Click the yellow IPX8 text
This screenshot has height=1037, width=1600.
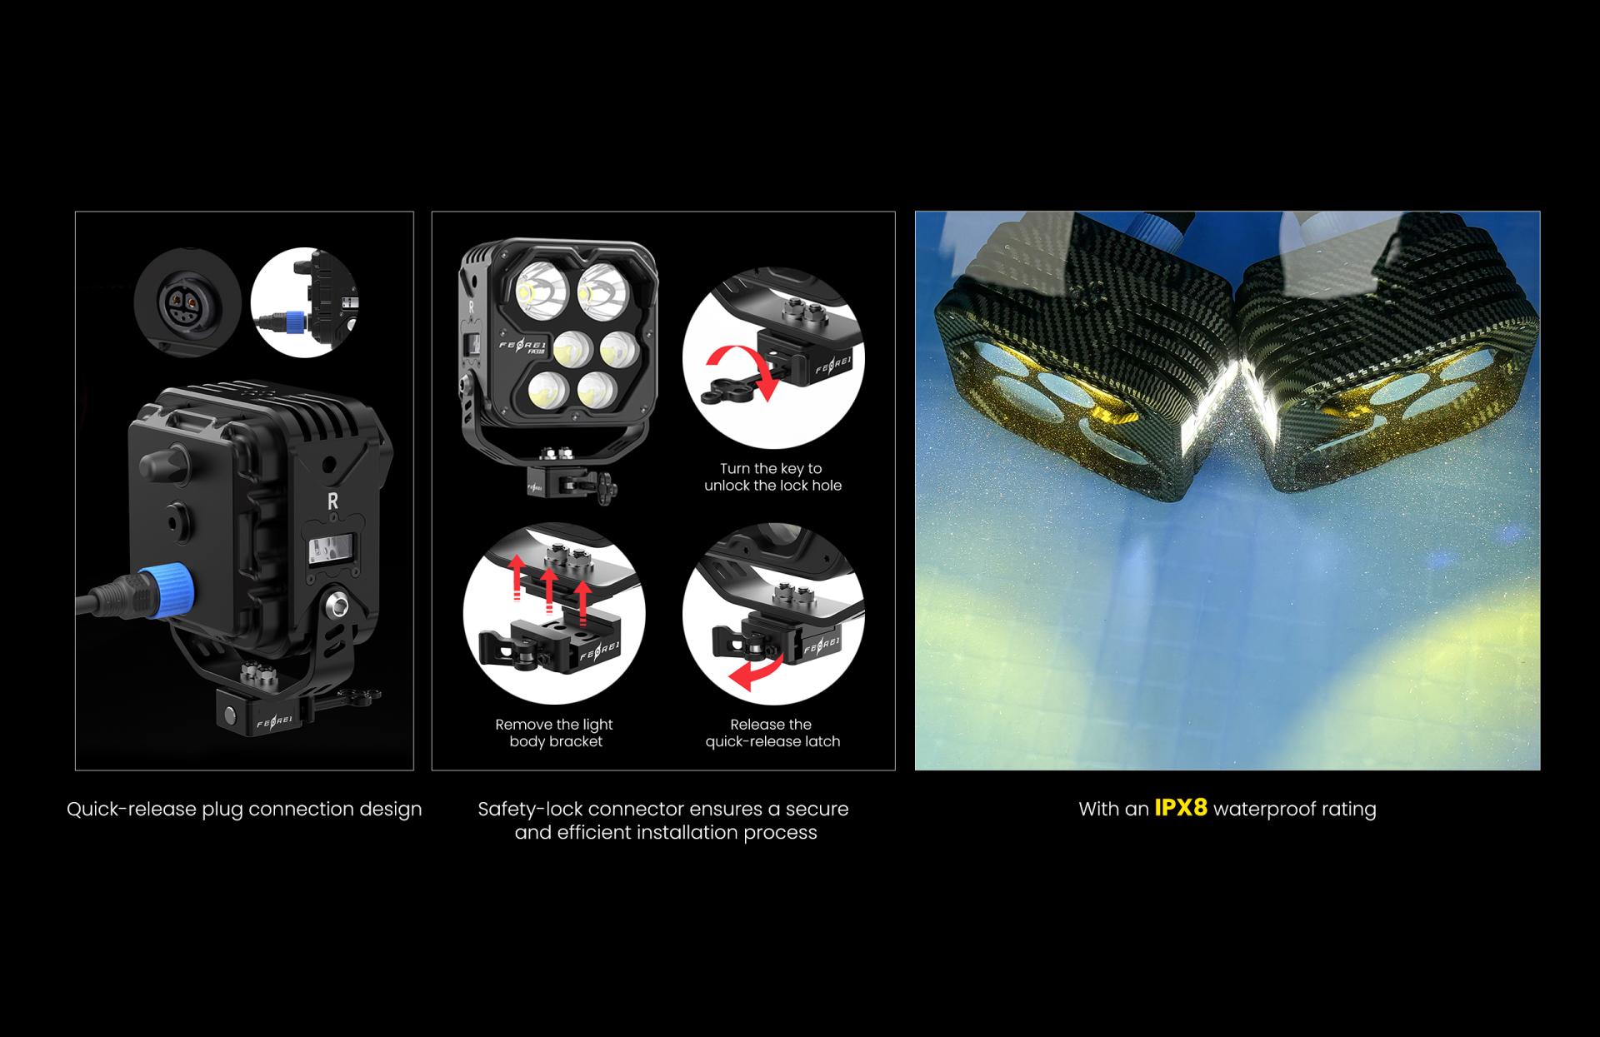pos(1180,808)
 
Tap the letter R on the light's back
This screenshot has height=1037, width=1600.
pos(333,501)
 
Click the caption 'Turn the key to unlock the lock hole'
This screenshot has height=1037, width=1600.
pos(772,477)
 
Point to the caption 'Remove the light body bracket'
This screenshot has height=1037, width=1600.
pos(554,733)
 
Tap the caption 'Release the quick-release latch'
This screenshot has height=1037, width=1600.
pos(772,733)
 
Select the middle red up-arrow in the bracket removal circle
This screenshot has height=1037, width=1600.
pos(548,588)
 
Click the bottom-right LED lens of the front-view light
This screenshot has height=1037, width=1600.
pos(597,390)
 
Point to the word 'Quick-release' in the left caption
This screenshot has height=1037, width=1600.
pos(132,809)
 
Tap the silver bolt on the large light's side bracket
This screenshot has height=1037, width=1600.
pos(337,605)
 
